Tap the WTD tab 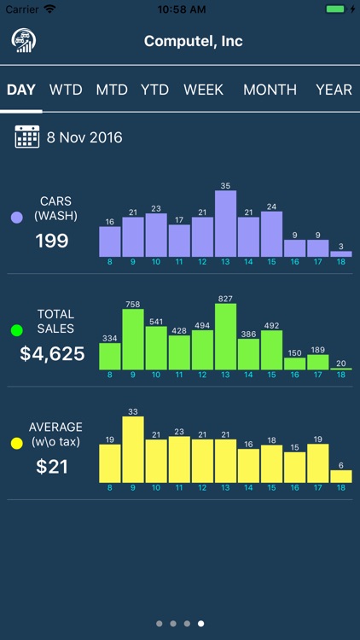click(x=65, y=90)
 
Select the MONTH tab click(x=270, y=90)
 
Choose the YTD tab click(x=154, y=90)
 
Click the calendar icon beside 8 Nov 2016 click(x=27, y=137)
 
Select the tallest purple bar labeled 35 click(x=225, y=224)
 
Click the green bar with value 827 click(x=225, y=336)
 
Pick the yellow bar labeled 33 click(x=133, y=450)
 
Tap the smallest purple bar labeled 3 click(x=341, y=253)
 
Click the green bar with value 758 click(x=133, y=339)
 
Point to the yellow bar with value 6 click(x=341, y=476)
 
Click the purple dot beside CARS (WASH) click(x=16, y=218)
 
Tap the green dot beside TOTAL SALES click(x=16, y=329)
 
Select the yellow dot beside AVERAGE click(x=16, y=444)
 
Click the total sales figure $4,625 click(x=52, y=353)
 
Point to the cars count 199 click(x=52, y=241)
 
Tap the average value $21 click(x=52, y=467)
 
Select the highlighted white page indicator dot click(x=201, y=624)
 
